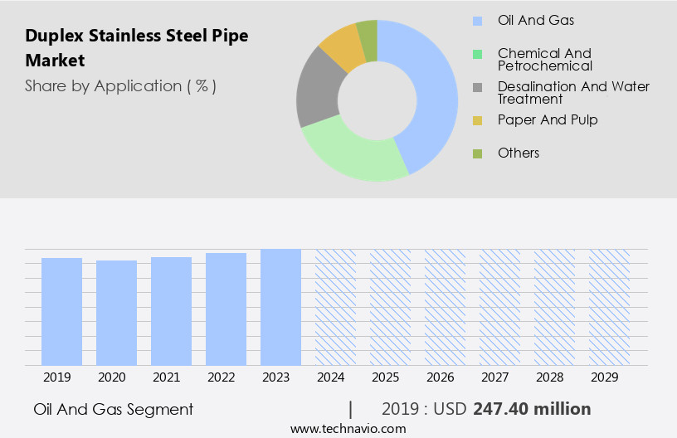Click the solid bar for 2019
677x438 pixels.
pos(61,311)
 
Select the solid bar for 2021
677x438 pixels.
pos(171,311)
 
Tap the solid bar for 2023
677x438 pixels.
pos(280,307)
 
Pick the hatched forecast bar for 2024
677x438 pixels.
pos(335,307)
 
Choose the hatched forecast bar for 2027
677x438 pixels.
pos(499,307)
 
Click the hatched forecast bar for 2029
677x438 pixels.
pos(609,307)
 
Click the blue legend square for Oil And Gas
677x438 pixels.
pos(477,21)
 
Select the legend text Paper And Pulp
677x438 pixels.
pos(548,119)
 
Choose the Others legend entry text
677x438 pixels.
pos(519,153)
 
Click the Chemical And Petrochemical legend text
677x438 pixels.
pos(544,60)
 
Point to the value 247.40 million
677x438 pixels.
pos(532,409)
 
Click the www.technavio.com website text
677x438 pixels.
pos(348,429)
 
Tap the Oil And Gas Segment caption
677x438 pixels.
pos(114,409)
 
